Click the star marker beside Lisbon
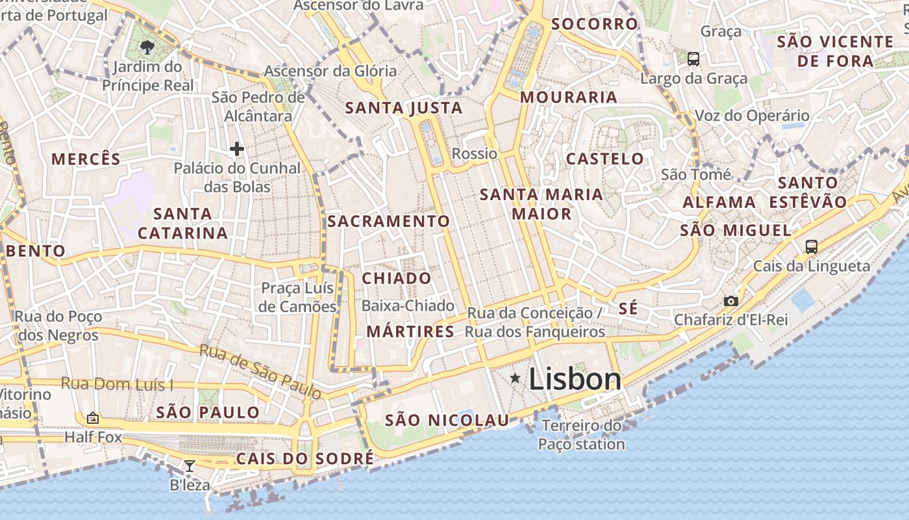pos(515,378)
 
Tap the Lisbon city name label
pos(575,379)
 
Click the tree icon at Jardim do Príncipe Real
pos(147,47)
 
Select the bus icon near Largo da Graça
pos(693,59)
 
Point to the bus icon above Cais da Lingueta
pos(811,246)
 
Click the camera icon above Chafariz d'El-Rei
pos(731,301)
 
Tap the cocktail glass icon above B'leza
pos(190,465)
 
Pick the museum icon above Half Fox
pos(93,418)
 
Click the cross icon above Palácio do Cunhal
pos(237,149)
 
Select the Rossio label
pos(474,154)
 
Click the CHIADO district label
pos(396,278)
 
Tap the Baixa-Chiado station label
pos(408,305)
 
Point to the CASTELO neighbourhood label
pos(604,159)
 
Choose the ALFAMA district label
pos(719,202)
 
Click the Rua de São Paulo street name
pos(260,371)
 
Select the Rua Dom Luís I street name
pos(117,384)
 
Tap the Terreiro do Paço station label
pos(581,435)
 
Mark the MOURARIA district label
pos(568,97)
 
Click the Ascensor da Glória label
pos(330,71)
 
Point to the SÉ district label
pos(628,309)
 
